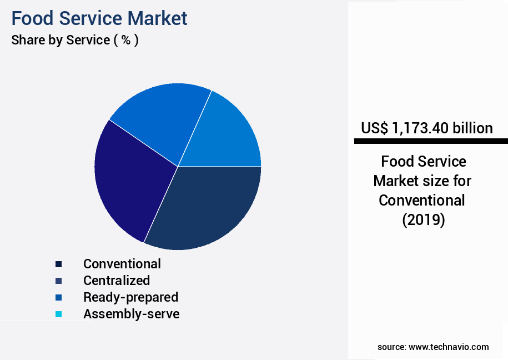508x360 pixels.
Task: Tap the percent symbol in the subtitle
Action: [x=126, y=40]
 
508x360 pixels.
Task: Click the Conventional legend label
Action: [x=122, y=264]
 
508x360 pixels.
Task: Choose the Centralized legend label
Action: [x=117, y=281]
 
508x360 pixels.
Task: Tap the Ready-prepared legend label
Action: [x=130, y=297]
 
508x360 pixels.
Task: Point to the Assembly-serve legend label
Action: [x=132, y=314]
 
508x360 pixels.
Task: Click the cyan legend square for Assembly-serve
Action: [x=58, y=314]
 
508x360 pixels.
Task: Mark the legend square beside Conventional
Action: [x=58, y=264]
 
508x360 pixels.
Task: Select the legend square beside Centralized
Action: [x=58, y=281]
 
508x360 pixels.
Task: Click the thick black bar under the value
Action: [x=431, y=142]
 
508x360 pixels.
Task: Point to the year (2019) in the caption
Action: [x=423, y=219]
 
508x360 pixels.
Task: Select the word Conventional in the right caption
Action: [x=422, y=200]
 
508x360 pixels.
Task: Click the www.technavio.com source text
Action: [x=449, y=347]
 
